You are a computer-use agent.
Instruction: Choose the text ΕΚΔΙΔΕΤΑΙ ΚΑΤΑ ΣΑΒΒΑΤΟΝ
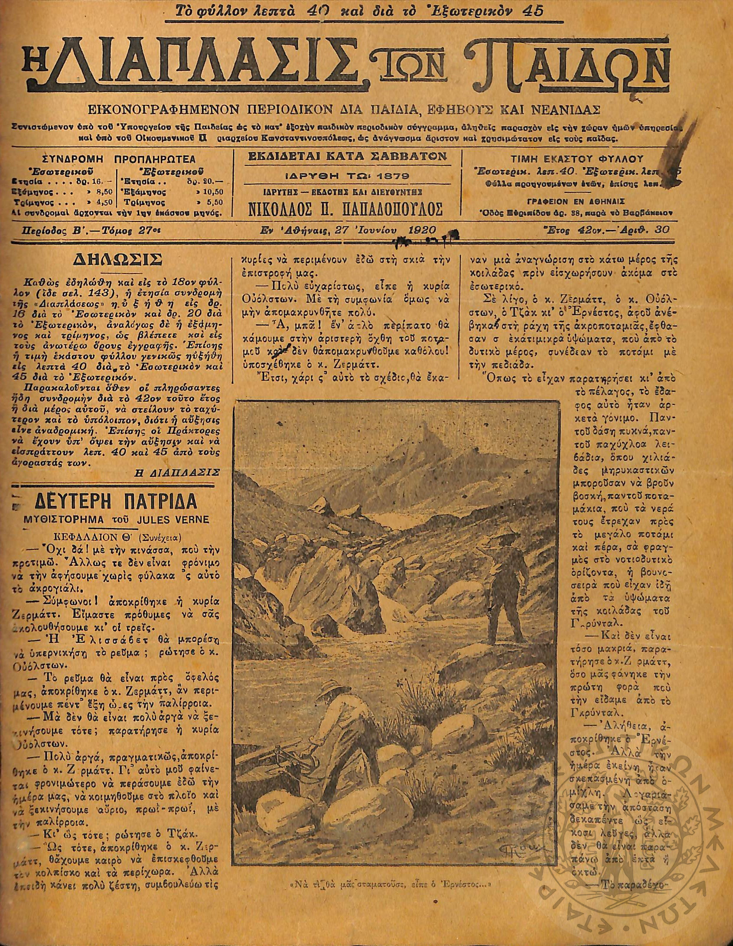(347, 157)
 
